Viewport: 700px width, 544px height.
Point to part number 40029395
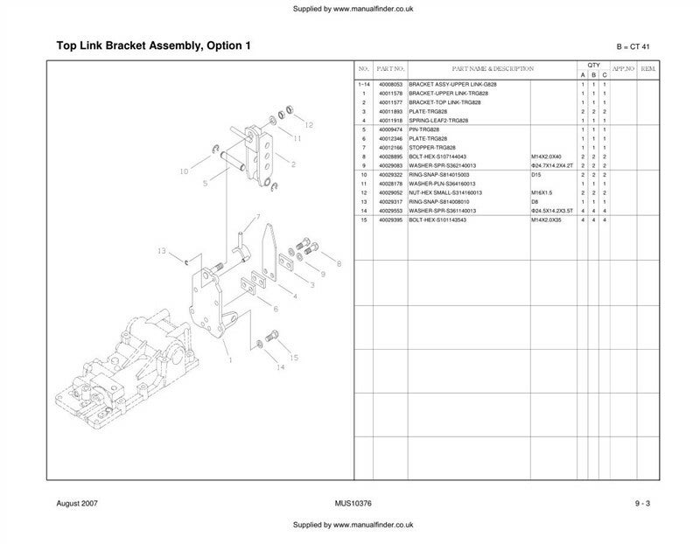tap(390, 220)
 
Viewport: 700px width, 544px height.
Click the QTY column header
tap(593, 65)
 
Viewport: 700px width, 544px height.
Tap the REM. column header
tap(648, 68)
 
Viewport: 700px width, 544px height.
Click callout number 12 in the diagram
tap(308, 125)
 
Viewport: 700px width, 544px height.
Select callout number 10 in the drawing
tap(183, 171)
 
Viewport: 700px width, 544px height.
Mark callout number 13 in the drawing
tap(162, 251)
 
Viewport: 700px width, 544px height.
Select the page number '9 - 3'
tap(642, 504)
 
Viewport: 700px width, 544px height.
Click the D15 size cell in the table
tap(536, 174)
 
